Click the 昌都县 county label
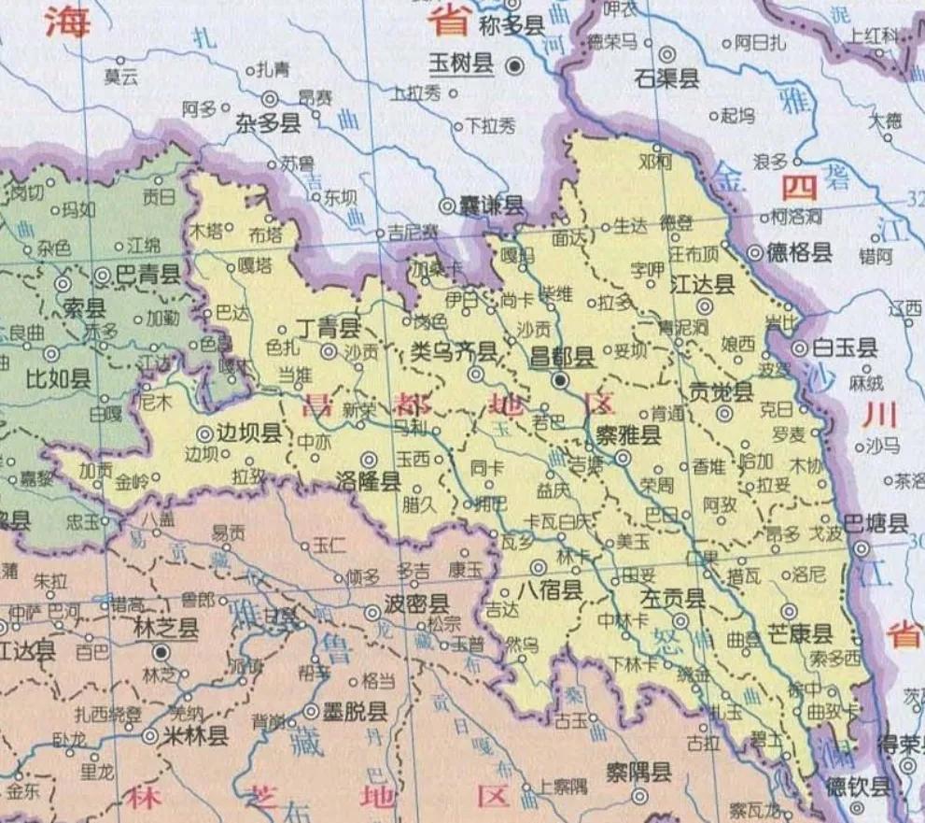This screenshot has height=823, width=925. point(562,356)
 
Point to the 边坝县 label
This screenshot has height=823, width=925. point(248,433)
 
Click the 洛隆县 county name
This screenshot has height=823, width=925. point(368,481)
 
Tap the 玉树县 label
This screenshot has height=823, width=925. point(461,64)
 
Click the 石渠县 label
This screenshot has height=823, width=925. point(666,78)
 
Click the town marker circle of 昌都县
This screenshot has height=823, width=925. point(559,380)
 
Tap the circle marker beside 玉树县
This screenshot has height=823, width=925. point(513,65)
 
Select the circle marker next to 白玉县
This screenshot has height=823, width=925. point(800,348)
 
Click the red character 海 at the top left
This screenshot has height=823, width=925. point(68,21)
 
